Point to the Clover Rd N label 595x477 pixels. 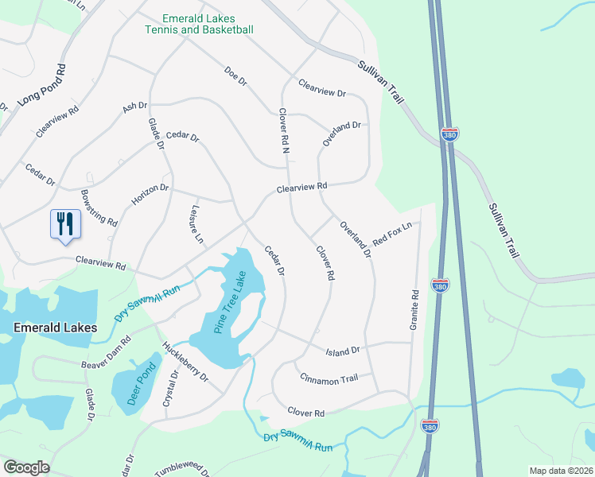(x=282, y=130)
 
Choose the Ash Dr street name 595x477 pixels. (x=135, y=107)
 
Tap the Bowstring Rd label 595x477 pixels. (x=99, y=207)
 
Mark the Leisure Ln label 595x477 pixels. (x=196, y=224)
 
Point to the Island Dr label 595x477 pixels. (x=343, y=350)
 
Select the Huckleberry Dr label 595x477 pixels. (x=184, y=360)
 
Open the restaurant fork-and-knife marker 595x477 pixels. (x=64, y=223)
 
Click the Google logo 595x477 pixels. (x=26, y=467)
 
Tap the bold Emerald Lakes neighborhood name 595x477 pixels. (x=56, y=328)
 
